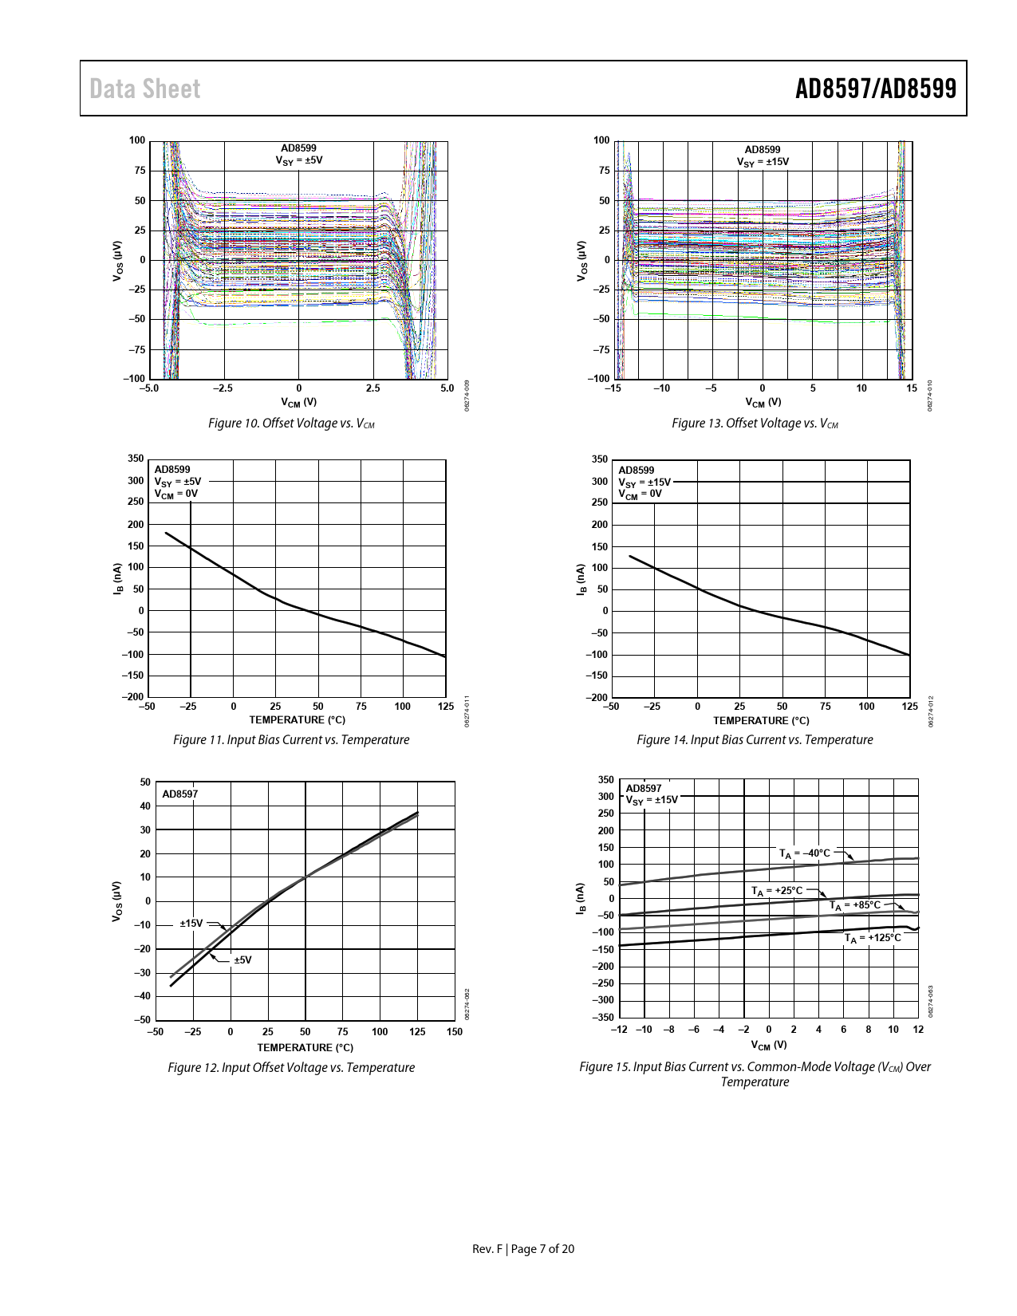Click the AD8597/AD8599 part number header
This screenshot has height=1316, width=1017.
point(875,89)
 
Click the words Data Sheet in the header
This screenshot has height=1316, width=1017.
point(145,89)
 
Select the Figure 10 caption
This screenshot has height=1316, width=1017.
point(291,424)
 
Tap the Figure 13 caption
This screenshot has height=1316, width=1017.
point(755,424)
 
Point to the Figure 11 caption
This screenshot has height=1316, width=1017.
point(291,740)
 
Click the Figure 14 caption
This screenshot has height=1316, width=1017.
point(755,740)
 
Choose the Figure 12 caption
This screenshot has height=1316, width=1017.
point(291,1068)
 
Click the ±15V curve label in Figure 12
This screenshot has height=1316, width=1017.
point(191,924)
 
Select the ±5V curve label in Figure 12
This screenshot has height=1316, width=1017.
point(242,960)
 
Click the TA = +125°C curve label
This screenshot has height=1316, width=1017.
point(873,938)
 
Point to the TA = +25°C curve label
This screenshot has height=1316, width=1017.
point(777,891)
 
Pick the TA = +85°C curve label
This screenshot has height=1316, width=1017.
point(855,905)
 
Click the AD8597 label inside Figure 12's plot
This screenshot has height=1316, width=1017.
point(180,794)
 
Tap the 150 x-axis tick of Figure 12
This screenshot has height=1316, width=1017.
point(455,1032)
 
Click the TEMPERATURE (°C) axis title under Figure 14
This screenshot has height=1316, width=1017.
point(761,721)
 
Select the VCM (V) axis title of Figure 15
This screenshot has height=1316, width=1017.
point(769,1045)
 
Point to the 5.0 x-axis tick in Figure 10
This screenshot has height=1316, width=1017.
point(447,388)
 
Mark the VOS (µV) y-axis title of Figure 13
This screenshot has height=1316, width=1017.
point(581,260)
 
